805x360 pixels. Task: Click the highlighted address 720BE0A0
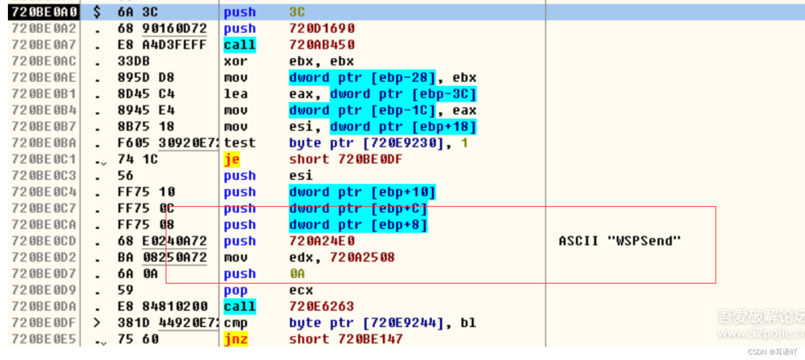[44, 12]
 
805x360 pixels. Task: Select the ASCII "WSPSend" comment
[619, 241]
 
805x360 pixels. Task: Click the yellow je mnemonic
[232, 159]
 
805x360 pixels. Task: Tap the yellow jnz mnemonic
[236, 339]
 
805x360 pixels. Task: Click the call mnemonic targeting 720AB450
[240, 45]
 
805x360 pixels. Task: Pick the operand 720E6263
[321, 307]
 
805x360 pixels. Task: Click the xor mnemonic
[235, 61]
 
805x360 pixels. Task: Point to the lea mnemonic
[235, 94]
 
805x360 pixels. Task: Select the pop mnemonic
[235, 290]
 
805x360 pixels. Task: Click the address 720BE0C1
[44, 159]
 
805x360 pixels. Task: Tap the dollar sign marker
[97, 12]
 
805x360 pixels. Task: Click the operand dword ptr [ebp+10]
[362, 192]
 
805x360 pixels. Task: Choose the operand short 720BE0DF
[346, 159]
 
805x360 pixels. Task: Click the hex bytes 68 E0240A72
[162, 241]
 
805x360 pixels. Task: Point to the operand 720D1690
[322, 29]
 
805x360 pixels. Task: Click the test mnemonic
[240, 143]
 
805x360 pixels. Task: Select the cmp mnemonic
[235, 323]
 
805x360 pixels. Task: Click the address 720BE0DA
[44, 307]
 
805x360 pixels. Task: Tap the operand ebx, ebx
[321, 61]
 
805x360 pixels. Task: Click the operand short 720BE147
[346, 339]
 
